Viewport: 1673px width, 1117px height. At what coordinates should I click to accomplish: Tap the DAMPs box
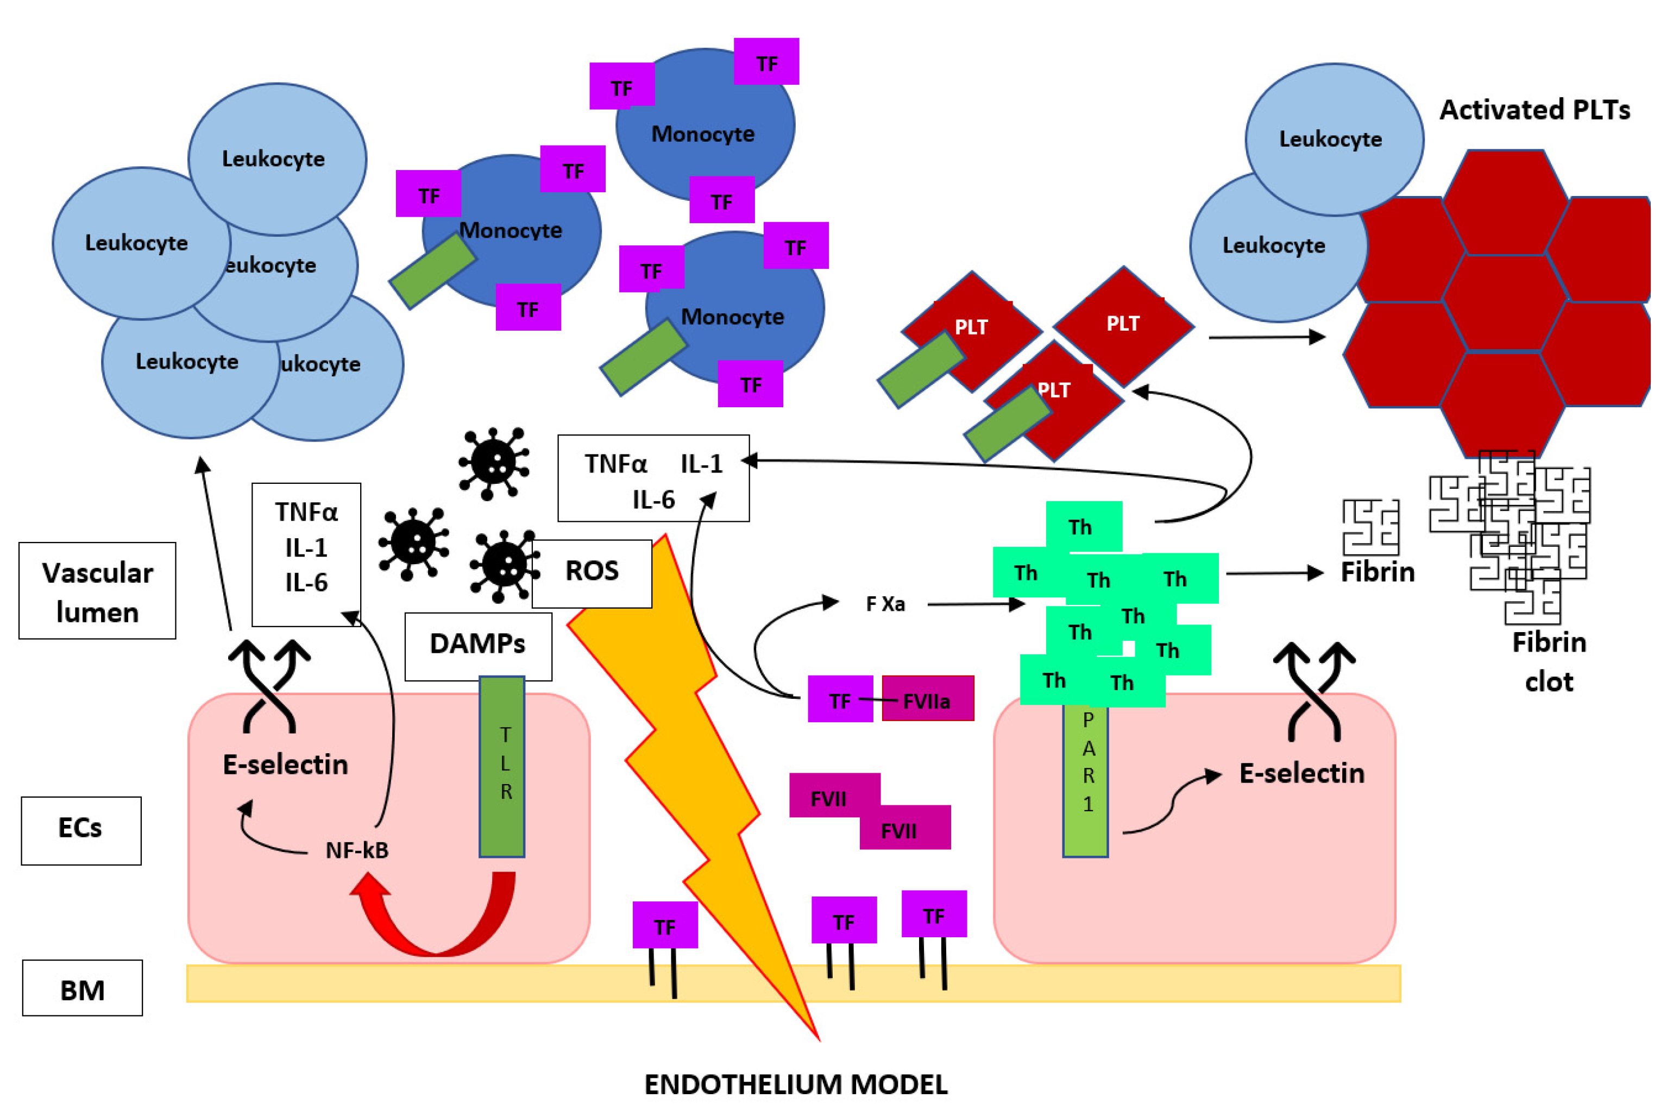click(x=477, y=646)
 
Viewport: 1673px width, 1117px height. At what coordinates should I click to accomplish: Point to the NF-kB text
click(x=357, y=850)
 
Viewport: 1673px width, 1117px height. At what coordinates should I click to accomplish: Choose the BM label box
click(x=83, y=989)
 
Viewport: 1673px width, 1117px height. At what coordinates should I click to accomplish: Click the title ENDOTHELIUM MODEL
click(x=796, y=1085)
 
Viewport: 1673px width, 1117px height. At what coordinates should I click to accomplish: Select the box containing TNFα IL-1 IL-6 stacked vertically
click(x=306, y=554)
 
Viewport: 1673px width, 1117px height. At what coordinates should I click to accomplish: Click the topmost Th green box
click(x=1084, y=527)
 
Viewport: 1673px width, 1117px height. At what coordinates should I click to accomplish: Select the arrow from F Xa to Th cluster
click(x=976, y=605)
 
